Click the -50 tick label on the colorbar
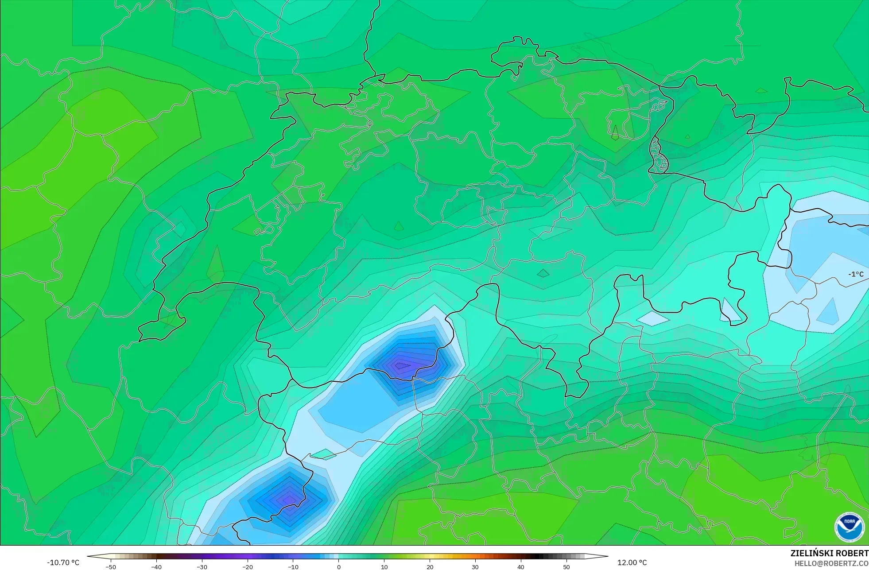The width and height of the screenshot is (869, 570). (x=111, y=567)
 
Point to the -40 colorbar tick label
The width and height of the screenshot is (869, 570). (x=156, y=567)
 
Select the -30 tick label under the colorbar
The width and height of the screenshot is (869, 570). (x=202, y=567)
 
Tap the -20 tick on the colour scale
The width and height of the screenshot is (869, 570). (x=248, y=567)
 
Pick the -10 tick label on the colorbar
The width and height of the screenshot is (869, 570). (x=293, y=567)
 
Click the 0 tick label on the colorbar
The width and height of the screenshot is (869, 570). (x=339, y=567)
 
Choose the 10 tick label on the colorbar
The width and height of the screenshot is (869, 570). (x=384, y=567)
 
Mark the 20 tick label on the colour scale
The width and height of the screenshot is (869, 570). (x=430, y=567)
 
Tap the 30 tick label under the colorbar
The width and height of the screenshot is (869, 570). (x=475, y=567)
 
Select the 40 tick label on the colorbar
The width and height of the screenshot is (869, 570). (x=521, y=567)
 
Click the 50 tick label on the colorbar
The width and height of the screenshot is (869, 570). (x=566, y=567)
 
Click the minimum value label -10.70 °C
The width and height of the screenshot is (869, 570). (x=63, y=562)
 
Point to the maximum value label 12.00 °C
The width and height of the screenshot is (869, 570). (x=632, y=562)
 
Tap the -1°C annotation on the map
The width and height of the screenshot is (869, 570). (x=856, y=274)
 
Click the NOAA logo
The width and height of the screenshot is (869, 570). (x=849, y=527)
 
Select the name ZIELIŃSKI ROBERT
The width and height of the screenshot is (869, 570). (x=829, y=553)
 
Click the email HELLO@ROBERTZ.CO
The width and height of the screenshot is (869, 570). (x=831, y=563)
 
